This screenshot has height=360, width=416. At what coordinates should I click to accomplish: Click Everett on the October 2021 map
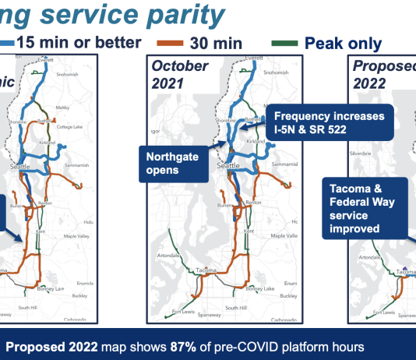pyautogui.click(x=254, y=58)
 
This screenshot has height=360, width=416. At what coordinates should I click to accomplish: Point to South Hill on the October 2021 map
pyautogui.click(x=235, y=309)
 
